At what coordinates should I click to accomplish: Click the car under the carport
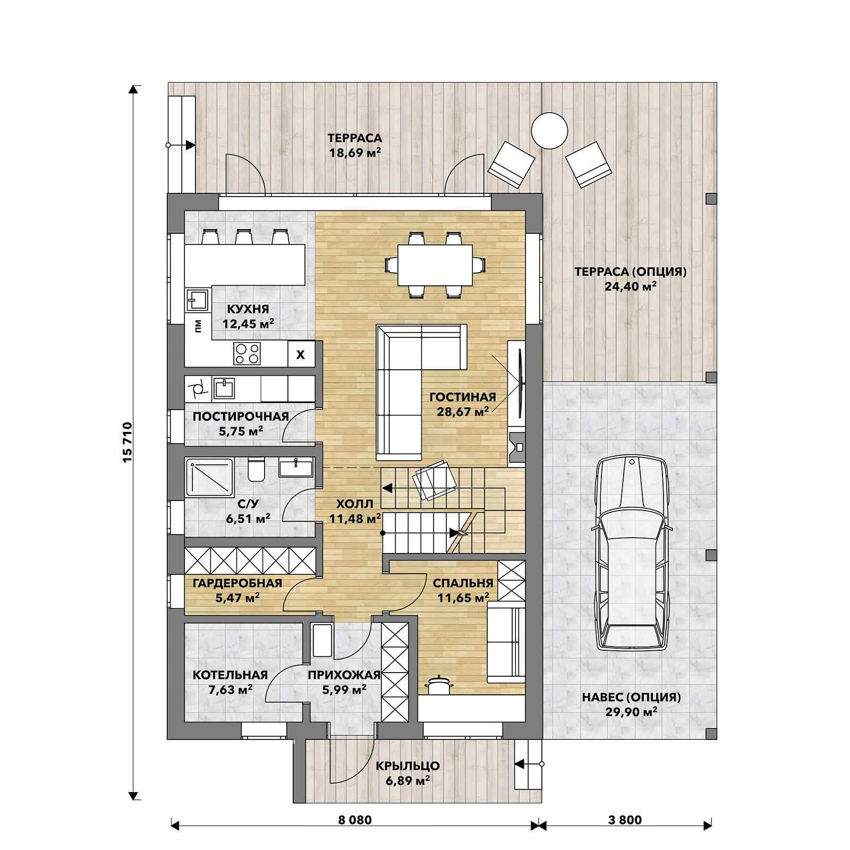coord(632,553)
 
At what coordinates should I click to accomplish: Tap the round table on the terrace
coord(549,131)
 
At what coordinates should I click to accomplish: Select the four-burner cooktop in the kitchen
coord(248,353)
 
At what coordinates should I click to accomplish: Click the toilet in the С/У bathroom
coord(256,469)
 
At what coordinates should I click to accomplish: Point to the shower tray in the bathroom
coord(209,477)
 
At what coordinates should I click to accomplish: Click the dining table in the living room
coord(435,265)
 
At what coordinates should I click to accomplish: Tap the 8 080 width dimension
coord(355,820)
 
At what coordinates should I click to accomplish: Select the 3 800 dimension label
coord(625,820)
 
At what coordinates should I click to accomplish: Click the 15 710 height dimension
coord(127,443)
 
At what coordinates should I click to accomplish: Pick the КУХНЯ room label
coord(248,309)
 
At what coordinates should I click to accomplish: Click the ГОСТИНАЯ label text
coord(463,397)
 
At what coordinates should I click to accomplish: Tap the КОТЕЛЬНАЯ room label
coord(230,675)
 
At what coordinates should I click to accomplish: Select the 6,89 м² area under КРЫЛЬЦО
coord(408,780)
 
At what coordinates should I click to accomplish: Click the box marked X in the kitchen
coord(301,354)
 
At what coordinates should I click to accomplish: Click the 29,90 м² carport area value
coord(631,712)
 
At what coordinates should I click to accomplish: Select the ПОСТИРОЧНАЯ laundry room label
coord(241,416)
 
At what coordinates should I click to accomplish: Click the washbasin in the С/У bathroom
coord(296,468)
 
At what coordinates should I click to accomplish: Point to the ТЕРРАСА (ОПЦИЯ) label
coord(631,271)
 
